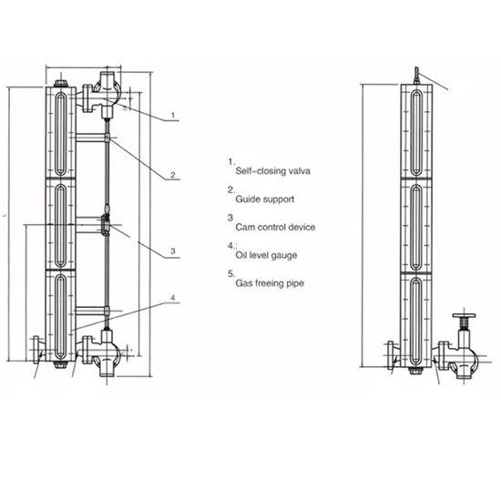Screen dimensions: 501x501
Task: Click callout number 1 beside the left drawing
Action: click(172, 117)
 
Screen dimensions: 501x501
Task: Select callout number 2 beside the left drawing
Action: click(172, 174)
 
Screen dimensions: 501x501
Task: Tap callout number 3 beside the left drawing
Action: click(172, 250)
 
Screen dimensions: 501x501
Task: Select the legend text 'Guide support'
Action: click(264, 199)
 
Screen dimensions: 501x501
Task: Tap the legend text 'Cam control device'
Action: click(275, 227)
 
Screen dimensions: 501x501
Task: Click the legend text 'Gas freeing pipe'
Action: click(270, 283)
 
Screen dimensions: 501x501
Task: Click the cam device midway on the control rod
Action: click(107, 223)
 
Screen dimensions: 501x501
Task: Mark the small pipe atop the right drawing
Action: click(414, 75)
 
